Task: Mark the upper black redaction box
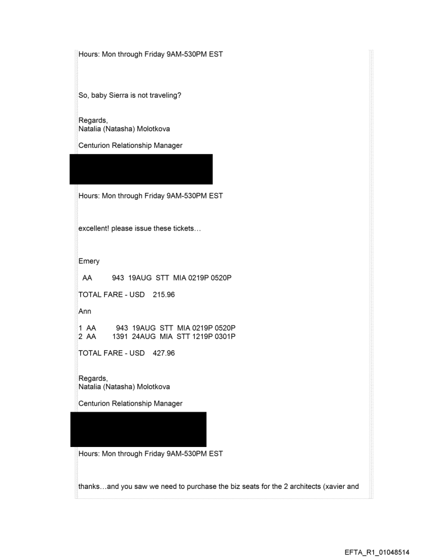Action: [141, 169]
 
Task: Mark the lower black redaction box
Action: [138, 429]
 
